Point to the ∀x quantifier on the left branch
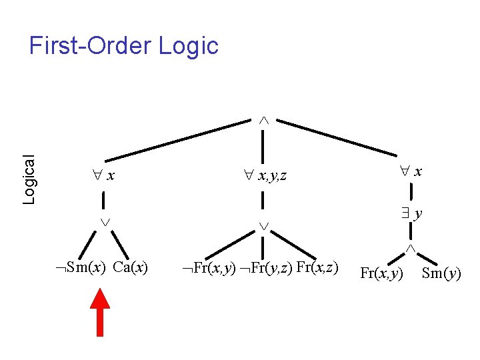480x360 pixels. click(104, 176)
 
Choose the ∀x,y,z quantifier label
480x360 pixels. click(265, 177)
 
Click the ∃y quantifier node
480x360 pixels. click(413, 214)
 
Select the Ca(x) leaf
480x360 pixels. click(131, 268)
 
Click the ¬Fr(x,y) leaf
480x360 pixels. click(209, 269)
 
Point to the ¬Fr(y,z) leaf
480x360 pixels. click(266, 269)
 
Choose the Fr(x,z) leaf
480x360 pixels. click(317, 268)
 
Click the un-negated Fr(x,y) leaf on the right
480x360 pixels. click(381, 273)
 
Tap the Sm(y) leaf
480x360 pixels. click(441, 273)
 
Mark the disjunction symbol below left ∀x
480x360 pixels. click(105, 221)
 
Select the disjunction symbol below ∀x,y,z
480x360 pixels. click(264, 227)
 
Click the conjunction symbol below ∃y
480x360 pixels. click(411, 248)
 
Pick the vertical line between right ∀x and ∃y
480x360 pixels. click(412, 193)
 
